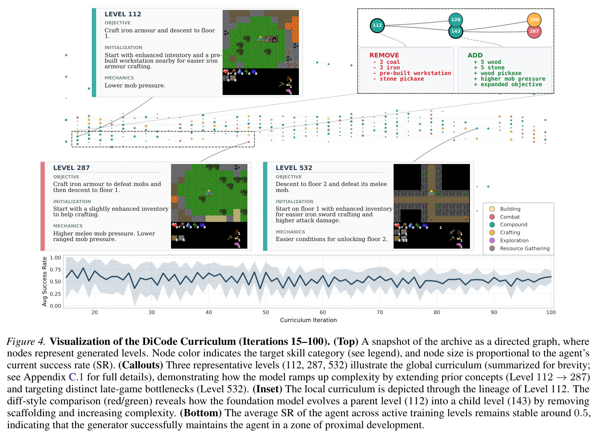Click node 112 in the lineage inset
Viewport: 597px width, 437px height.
click(x=377, y=25)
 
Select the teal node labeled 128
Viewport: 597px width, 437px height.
click(x=456, y=20)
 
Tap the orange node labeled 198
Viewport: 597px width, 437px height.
click(x=534, y=20)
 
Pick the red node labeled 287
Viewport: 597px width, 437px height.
click(x=534, y=31)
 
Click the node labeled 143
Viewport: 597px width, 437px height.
click(x=456, y=31)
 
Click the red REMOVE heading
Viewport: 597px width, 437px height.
click(x=384, y=55)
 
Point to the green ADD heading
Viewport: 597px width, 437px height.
click(x=475, y=55)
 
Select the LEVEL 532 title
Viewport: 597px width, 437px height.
click(x=294, y=168)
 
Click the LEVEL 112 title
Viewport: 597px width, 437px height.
click(x=123, y=14)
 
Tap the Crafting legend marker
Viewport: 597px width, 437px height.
click(x=492, y=232)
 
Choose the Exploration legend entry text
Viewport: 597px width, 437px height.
click(x=514, y=241)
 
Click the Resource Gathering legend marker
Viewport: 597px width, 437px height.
click(x=492, y=248)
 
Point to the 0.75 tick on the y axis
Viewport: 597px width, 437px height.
click(x=56, y=270)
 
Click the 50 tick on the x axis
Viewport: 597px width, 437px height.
click(x=266, y=312)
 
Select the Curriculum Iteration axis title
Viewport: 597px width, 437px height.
click(x=308, y=320)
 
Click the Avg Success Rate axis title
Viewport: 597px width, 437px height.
click(x=44, y=282)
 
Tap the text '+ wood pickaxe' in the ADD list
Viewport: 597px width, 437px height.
click(x=497, y=73)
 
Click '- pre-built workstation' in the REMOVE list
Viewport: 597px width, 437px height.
click(x=412, y=73)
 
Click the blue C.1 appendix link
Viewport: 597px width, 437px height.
click(x=76, y=377)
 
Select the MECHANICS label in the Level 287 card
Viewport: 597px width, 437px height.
click(x=68, y=226)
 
